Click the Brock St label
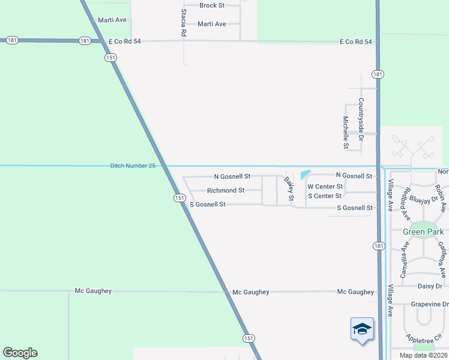pyautogui.click(x=212, y=5)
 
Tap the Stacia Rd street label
pyautogui.click(x=183, y=23)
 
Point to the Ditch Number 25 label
pyautogui.click(x=133, y=166)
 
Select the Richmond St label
pyautogui.click(x=225, y=191)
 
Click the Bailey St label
pyautogui.click(x=289, y=188)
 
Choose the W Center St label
pyautogui.click(x=325, y=187)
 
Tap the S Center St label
pyautogui.click(x=324, y=196)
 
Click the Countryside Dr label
pyautogui.click(x=361, y=120)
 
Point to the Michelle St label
pyautogui.click(x=346, y=132)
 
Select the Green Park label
pyautogui.click(x=423, y=232)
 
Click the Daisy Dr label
pyautogui.click(x=429, y=286)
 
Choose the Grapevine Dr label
pyautogui.click(x=430, y=304)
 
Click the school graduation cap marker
pyautogui.click(x=362, y=329)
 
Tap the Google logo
pyautogui.click(x=20, y=353)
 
